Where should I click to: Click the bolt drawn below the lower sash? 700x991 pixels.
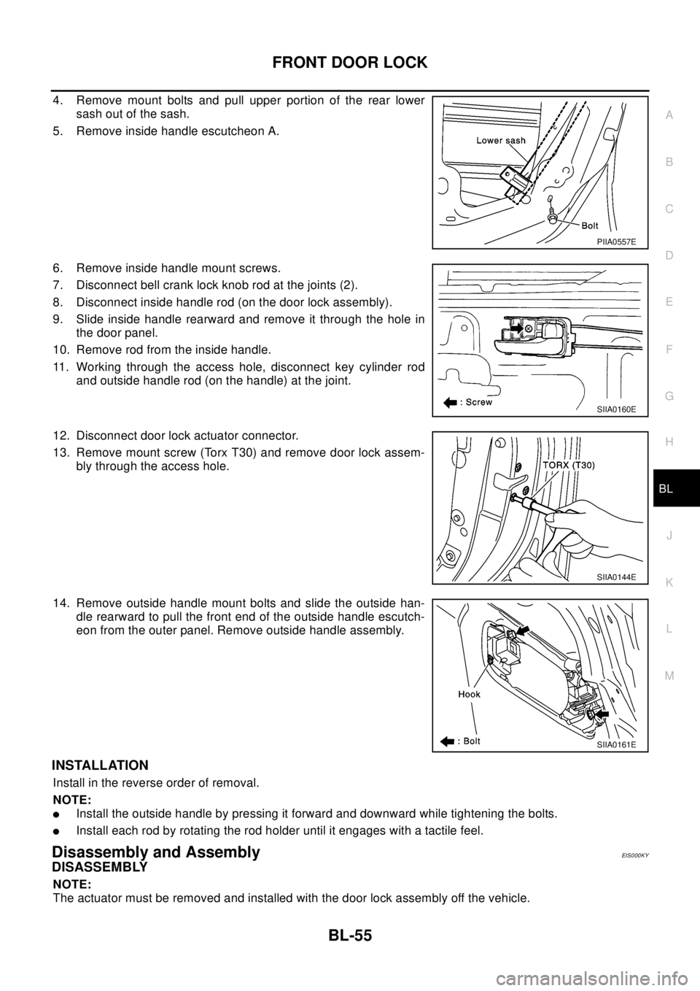pyautogui.click(x=552, y=217)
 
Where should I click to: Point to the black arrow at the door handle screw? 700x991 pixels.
pyautogui.click(x=517, y=328)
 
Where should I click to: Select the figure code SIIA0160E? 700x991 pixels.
pyautogui.click(x=615, y=409)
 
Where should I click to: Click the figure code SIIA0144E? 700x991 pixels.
pyautogui.click(x=616, y=577)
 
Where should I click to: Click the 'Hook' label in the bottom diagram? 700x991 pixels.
pyautogui.click(x=470, y=694)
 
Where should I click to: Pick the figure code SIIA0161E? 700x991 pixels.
pyautogui.click(x=616, y=745)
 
